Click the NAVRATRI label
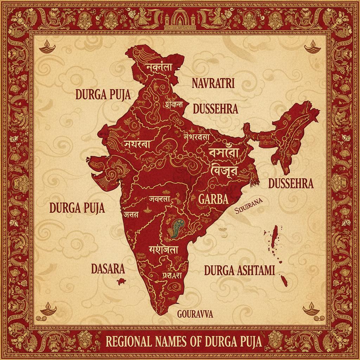click(x=213, y=83)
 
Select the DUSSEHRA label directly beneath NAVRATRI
click(x=216, y=109)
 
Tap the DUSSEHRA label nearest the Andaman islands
click(x=290, y=184)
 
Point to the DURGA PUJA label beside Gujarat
click(x=77, y=208)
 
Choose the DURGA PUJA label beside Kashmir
click(x=103, y=95)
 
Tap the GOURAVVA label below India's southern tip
click(x=195, y=314)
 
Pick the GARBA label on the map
click(x=213, y=199)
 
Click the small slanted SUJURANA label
click(x=249, y=205)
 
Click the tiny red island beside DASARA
click(x=122, y=281)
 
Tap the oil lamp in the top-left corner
click(x=46, y=48)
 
